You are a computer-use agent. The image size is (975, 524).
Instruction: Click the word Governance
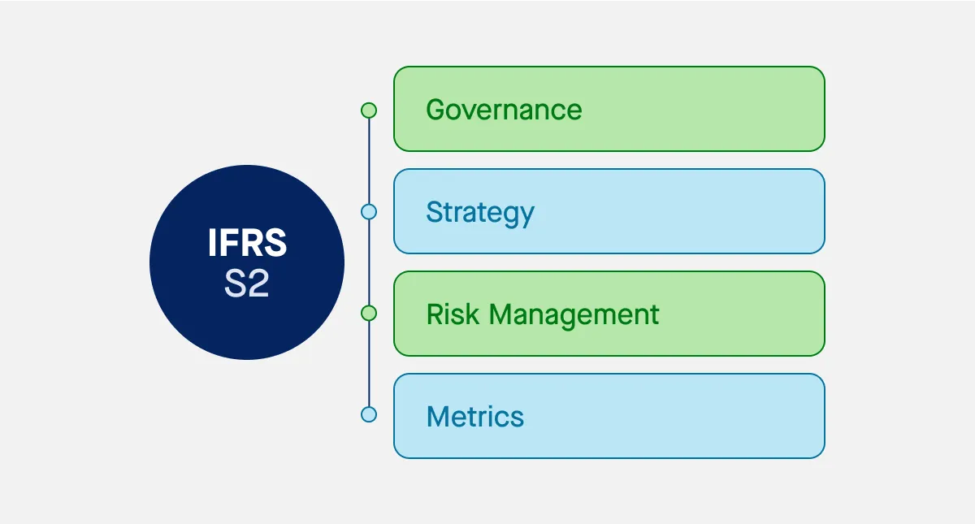(x=504, y=110)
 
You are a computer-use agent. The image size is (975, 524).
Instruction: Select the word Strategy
(x=480, y=213)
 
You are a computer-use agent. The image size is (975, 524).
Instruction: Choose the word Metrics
(x=475, y=417)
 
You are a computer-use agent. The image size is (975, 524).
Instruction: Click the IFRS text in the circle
(x=247, y=245)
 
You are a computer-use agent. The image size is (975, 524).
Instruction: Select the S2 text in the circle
(x=247, y=284)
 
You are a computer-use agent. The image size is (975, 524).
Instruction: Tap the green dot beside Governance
(x=369, y=110)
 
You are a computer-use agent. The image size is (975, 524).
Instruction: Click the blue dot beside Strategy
(x=369, y=212)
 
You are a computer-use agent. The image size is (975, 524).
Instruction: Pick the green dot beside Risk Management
(x=369, y=314)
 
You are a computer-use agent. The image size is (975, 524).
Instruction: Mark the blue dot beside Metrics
(x=369, y=414)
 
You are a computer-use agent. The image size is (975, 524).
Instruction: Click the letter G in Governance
(x=436, y=110)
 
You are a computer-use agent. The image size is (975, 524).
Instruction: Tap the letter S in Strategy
(x=435, y=212)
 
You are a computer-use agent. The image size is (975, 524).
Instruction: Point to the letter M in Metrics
(x=438, y=417)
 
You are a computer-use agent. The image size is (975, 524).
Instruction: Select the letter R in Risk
(x=435, y=314)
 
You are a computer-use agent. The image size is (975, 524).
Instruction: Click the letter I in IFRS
(x=212, y=245)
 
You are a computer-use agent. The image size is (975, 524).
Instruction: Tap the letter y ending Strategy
(x=526, y=216)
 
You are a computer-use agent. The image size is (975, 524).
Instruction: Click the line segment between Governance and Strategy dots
(x=369, y=161)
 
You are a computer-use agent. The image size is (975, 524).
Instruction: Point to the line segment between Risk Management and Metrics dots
(x=369, y=364)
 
